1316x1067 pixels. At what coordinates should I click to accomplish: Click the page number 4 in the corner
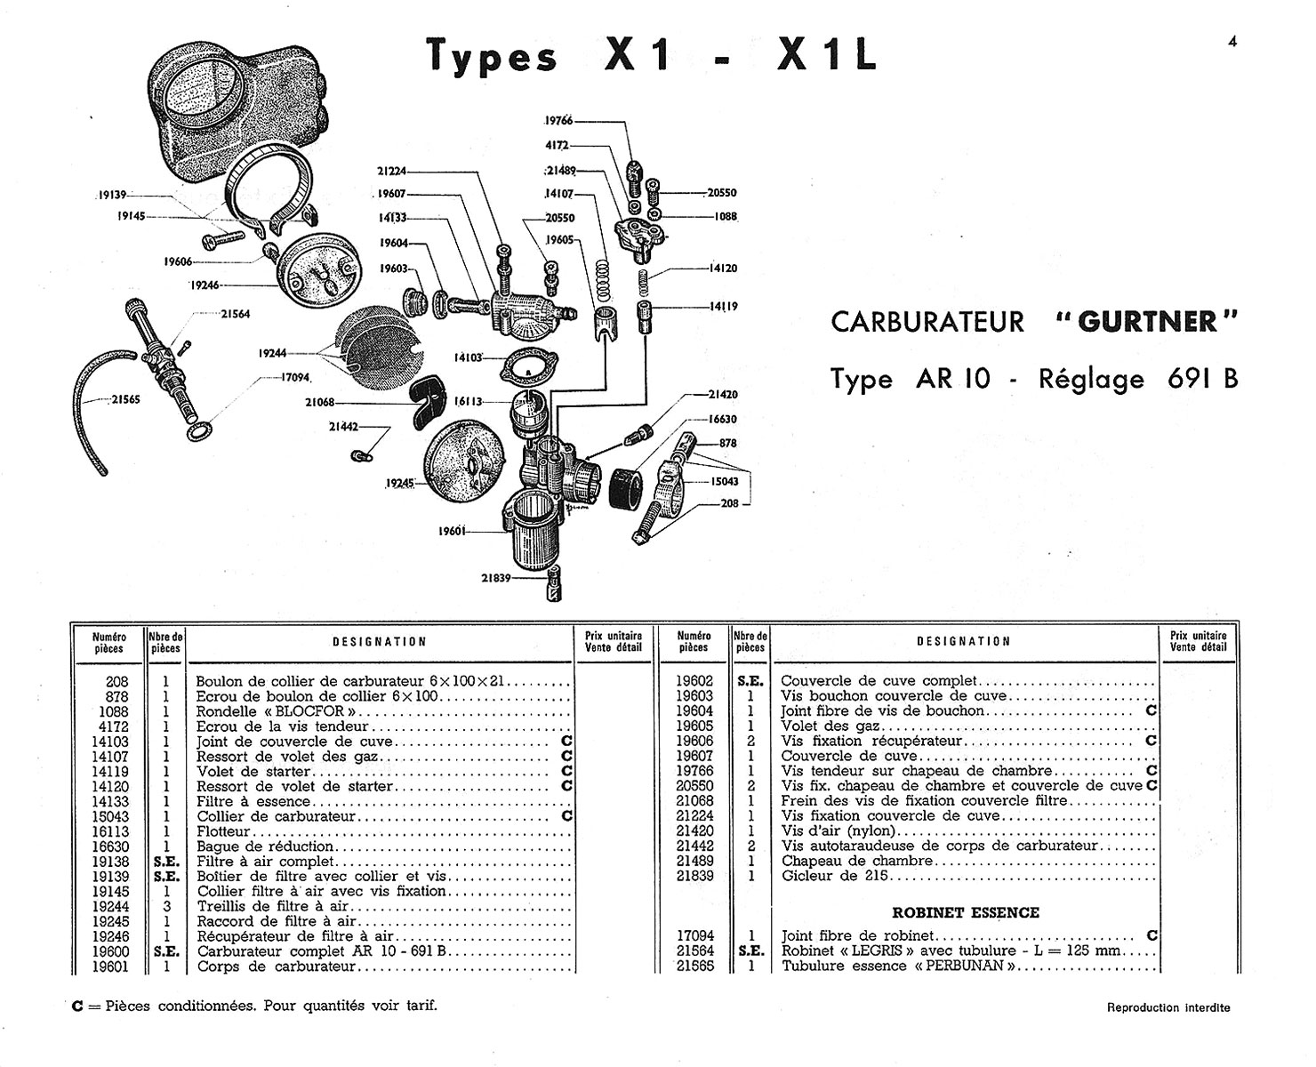1232,41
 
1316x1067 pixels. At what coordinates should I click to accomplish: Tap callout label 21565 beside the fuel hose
125,400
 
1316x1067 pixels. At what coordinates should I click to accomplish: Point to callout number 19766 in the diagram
559,120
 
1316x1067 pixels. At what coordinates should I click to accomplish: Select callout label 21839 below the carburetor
496,578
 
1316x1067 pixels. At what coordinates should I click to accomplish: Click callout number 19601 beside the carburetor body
452,531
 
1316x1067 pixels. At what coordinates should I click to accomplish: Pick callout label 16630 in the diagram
722,419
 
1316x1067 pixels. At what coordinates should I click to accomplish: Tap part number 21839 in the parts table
694,876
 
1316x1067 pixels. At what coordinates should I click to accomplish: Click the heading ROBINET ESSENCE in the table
966,913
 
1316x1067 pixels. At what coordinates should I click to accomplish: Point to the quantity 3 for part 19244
166,906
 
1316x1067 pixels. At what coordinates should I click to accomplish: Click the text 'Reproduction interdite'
1168,1007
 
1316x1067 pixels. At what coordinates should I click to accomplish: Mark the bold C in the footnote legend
77,1007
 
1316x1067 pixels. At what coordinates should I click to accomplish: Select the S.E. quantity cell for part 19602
750,681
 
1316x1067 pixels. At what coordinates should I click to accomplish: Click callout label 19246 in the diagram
205,285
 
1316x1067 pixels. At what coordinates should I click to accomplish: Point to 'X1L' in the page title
827,55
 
